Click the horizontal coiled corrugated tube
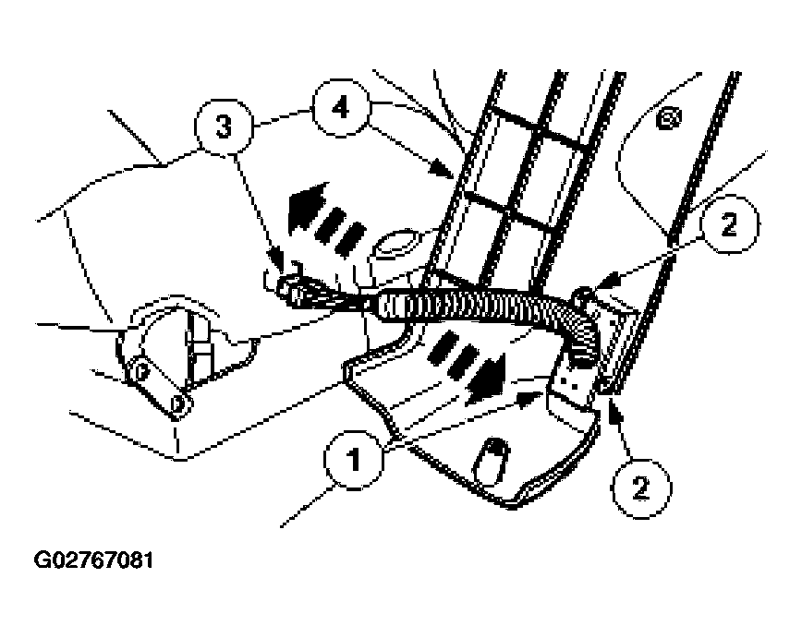(471, 304)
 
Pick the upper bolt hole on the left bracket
(139, 371)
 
